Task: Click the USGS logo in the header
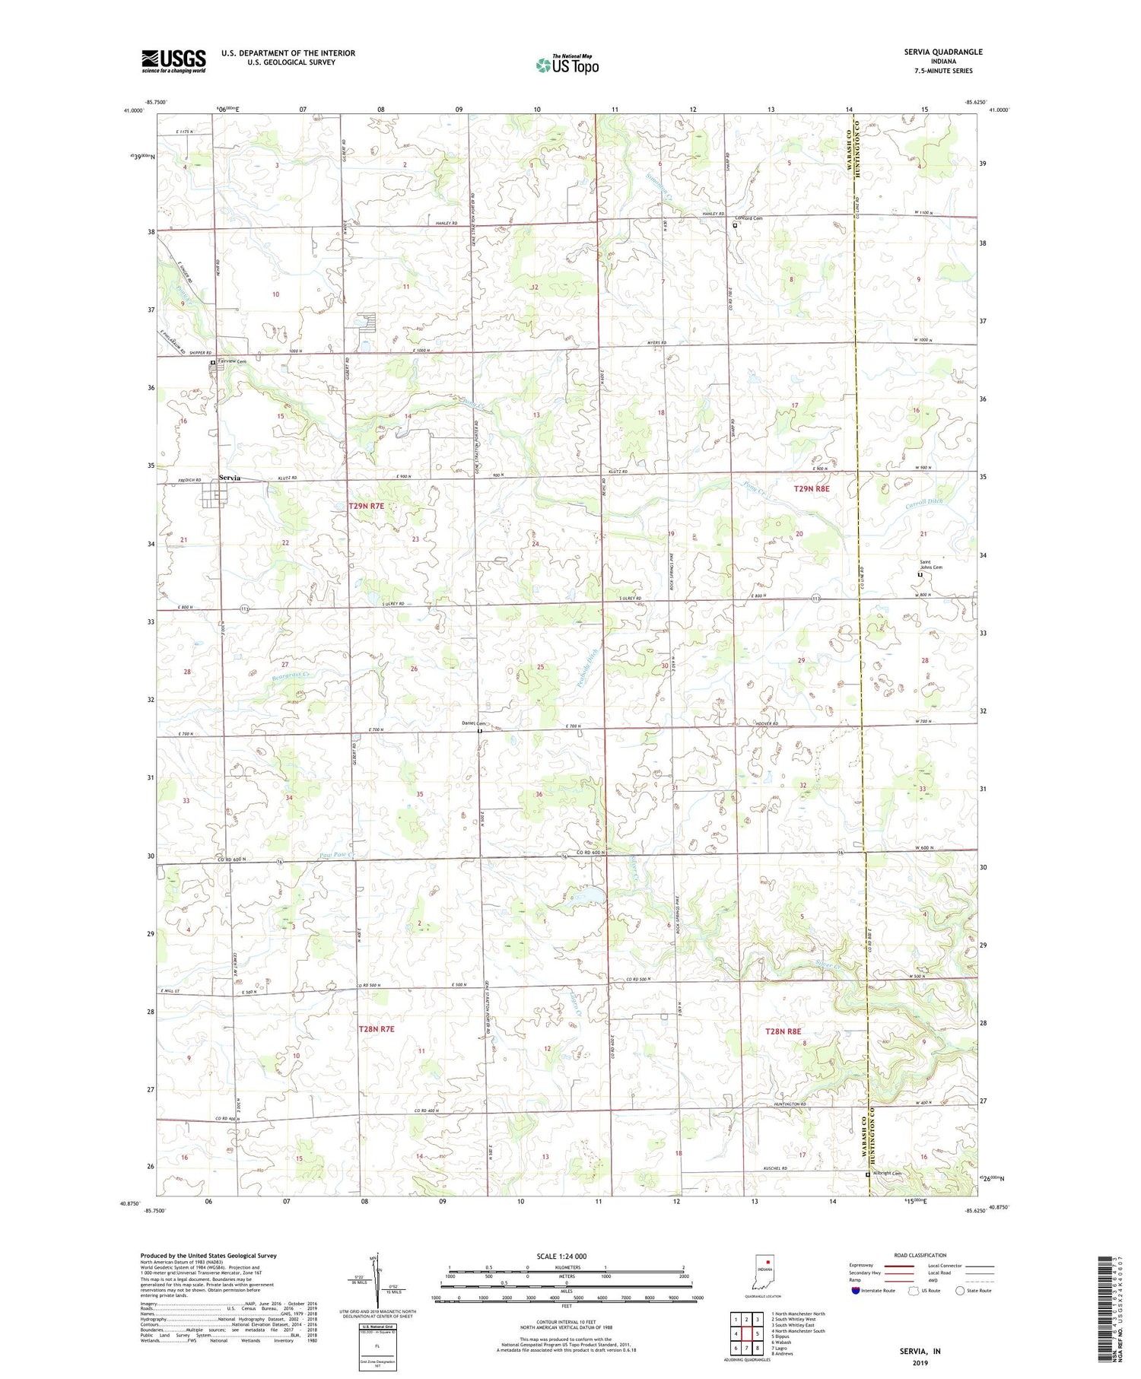point(173,61)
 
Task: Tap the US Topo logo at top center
point(567,65)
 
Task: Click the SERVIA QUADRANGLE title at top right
point(944,52)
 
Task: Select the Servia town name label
point(229,478)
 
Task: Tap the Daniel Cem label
point(473,723)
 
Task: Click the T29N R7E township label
point(367,506)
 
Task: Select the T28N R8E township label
point(783,1031)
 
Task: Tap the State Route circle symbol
point(961,1290)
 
